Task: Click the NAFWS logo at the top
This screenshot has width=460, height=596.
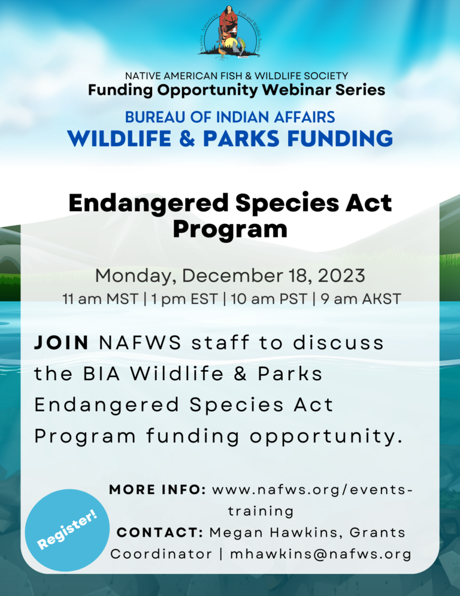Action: tap(229, 32)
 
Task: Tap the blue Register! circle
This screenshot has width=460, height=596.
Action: tap(67, 530)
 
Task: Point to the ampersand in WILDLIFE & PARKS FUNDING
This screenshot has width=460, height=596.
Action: tap(187, 138)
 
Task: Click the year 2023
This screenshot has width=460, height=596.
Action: tap(341, 275)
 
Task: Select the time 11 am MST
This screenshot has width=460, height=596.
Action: tap(100, 299)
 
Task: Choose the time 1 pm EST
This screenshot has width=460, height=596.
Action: tap(184, 299)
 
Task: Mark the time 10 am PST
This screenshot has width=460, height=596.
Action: tap(268, 299)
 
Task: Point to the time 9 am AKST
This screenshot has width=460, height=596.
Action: tap(361, 299)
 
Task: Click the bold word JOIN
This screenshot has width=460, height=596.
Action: tap(62, 342)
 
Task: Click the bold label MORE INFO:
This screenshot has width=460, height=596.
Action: tap(158, 489)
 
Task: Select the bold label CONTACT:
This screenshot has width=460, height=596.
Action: tap(160, 532)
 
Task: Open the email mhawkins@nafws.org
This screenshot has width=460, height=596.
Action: tap(321, 554)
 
